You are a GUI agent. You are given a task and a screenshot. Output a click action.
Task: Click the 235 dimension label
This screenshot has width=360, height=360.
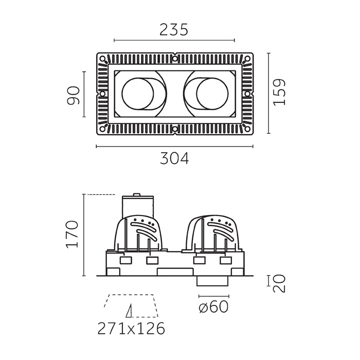pos(174,29)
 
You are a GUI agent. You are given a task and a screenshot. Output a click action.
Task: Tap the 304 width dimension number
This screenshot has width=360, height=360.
pos(174,158)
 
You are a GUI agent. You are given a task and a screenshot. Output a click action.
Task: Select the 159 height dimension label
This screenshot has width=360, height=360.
pos(279,92)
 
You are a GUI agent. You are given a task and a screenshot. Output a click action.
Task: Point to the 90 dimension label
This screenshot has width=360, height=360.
pos(73,96)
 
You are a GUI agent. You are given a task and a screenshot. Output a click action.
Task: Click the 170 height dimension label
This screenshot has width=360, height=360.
pos(72,235)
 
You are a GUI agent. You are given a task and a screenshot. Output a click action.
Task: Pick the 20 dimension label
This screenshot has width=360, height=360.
pos(279,283)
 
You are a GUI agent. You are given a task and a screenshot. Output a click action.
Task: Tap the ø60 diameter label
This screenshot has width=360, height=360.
pos(213,307)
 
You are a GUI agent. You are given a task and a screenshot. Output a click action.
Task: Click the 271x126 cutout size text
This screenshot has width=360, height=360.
pos(131,329)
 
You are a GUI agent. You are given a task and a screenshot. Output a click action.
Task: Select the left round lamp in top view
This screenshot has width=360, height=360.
pos(138,94)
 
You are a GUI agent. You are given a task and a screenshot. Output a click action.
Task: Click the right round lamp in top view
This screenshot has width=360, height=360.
pos(212,94)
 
